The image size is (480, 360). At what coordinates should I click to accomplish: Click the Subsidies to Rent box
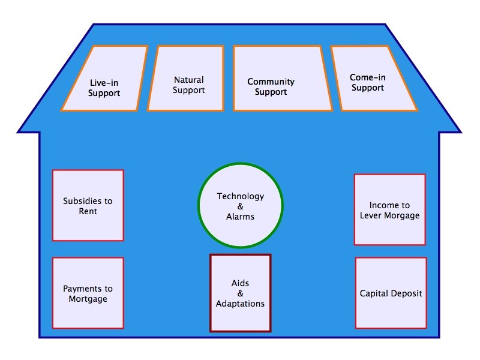tap(88, 205)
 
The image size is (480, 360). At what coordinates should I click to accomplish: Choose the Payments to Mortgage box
tap(88, 293)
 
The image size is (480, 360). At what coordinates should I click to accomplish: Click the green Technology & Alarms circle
tap(240, 206)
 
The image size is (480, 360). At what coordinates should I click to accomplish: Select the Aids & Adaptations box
tap(240, 293)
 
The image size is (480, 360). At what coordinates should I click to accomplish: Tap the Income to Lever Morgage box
tap(389, 209)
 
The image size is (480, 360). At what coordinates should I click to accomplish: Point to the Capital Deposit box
tap(391, 293)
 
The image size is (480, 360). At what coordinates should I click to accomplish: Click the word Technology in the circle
tap(240, 196)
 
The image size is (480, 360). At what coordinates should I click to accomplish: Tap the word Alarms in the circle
tap(240, 217)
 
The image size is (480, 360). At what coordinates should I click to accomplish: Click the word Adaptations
tap(240, 304)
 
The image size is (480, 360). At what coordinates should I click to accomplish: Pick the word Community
tap(271, 82)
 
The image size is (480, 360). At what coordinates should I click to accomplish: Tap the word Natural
tap(188, 79)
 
